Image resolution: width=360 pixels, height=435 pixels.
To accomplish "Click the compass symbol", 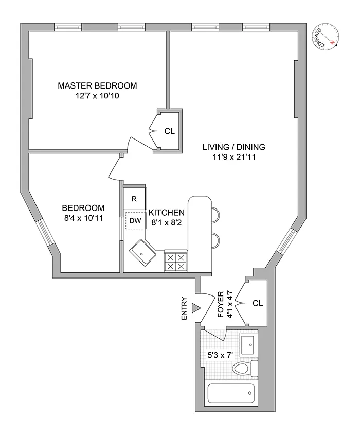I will coord(327,37).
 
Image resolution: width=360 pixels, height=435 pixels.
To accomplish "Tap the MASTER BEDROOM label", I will coord(97,85).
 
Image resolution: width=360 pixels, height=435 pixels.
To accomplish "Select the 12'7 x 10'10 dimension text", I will coord(97,96).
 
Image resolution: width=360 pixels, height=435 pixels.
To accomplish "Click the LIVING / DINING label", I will coord(233,147).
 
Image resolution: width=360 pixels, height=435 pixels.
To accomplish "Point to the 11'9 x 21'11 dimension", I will coord(233,157).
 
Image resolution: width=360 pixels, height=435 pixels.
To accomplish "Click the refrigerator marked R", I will coord(134,199).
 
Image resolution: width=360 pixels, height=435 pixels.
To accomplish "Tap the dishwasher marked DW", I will coord(135,221).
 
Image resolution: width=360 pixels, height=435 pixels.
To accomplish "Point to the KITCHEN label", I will coord(166,213).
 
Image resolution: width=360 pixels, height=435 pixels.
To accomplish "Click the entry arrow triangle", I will coord(195,308).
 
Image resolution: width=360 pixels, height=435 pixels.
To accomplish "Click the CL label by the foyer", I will coord(258,303).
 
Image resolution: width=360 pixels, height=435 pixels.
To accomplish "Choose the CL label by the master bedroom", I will coord(169,131).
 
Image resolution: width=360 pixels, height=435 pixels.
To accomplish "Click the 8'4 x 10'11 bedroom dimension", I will coord(83,218).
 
